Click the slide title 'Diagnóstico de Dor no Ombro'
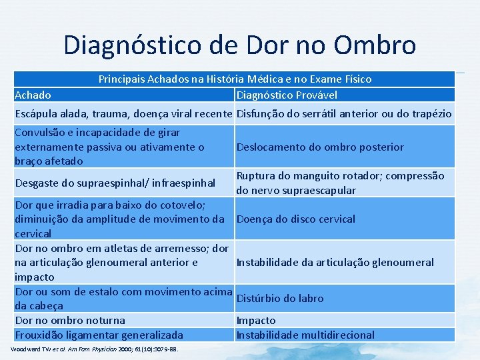pos(240,45)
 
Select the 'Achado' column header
pos(33,95)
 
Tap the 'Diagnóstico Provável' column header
pos(287,95)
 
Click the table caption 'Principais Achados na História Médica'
pos(235,79)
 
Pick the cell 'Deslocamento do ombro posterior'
pos(320,147)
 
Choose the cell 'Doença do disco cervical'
pos(296,219)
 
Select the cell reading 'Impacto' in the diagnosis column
pos(256,321)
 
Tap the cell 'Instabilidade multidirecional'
pos(305,335)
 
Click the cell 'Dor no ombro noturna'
pos(70,321)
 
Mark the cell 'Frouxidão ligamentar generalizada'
pos(99,335)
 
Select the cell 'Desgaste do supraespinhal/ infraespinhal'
pos(115,183)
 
